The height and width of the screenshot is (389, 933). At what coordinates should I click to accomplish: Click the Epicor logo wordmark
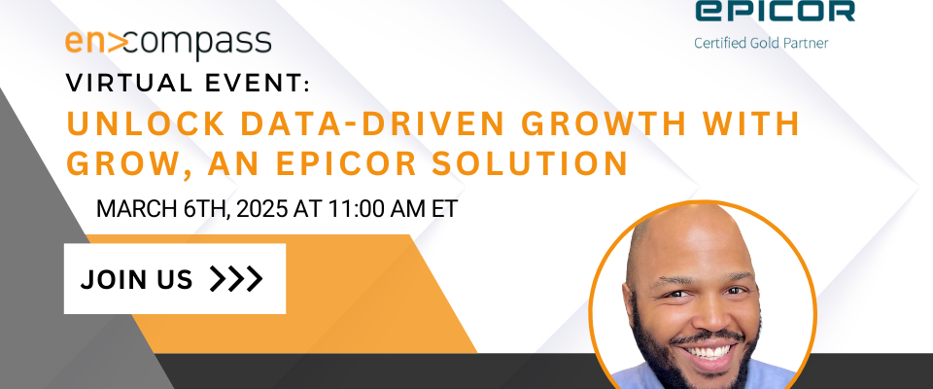pos(776,11)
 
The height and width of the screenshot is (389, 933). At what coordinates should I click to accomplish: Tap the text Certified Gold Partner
pos(761,43)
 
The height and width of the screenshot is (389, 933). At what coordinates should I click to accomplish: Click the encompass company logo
pos(168,44)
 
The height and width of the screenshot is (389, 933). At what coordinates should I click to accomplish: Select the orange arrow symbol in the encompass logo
pos(119,42)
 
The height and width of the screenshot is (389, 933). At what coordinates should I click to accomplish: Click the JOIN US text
pos(136,279)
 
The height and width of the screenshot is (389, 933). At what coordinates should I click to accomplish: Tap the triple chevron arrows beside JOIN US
pos(236,279)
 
